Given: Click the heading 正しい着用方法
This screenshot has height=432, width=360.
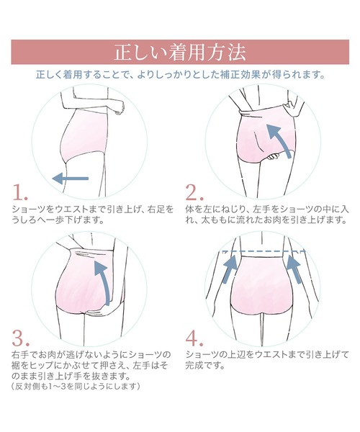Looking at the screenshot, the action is pos(179,53).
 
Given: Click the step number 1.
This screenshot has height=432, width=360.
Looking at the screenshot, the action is pos(20,192).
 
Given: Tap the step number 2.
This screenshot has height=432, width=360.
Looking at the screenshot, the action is pos(194,192).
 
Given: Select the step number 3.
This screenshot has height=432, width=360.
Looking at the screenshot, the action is pos(21,338).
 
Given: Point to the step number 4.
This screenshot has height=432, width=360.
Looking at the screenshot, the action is pos(194,338).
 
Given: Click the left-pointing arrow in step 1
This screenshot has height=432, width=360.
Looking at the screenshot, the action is pos(71,179).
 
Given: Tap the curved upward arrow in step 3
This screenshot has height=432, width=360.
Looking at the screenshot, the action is pos(102,281).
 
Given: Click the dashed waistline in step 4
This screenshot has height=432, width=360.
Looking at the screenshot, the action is pos(264,251).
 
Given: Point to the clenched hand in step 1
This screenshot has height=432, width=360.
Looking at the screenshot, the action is pos(120,108).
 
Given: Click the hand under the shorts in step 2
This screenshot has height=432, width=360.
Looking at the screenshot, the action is pos(274,157).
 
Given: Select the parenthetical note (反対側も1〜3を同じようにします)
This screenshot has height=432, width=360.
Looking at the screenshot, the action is pos(76,386).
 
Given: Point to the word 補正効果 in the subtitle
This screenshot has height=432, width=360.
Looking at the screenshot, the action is pos(238,74).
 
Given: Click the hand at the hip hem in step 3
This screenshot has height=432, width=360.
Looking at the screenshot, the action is pos(94,311).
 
